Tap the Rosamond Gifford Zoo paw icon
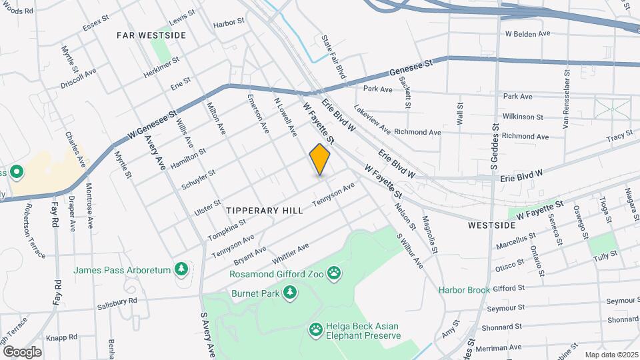point(333,273)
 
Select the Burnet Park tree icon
point(290,293)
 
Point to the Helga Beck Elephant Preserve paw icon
point(315,329)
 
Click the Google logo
point(22,351)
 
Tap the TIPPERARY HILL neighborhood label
point(264,210)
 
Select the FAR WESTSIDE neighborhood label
point(151,34)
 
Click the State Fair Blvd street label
point(334,59)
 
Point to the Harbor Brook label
point(464,289)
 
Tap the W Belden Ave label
point(527,33)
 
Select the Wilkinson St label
point(523,117)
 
